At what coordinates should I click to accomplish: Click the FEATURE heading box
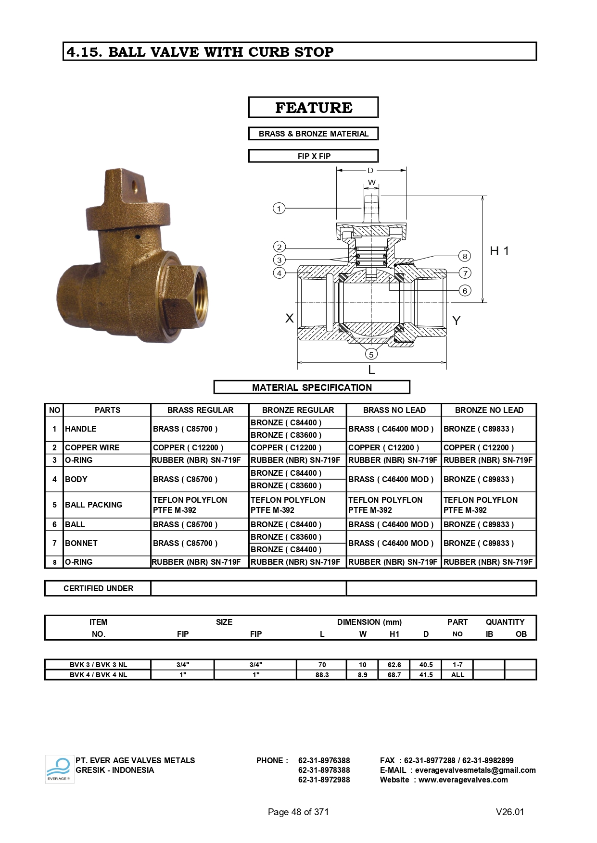(x=313, y=107)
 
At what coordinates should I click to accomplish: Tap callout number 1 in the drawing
(x=279, y=209)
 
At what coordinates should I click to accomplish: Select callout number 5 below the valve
(x=371, y=354)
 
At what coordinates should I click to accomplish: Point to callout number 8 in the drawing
(x=465, y=256)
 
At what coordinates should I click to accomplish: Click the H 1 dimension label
(x=499, y=251)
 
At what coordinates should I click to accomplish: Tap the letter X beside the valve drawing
(x=290, y=318)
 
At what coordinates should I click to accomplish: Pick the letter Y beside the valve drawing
(x=457, y=321)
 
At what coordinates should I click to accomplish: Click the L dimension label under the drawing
(x=371, y=370)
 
